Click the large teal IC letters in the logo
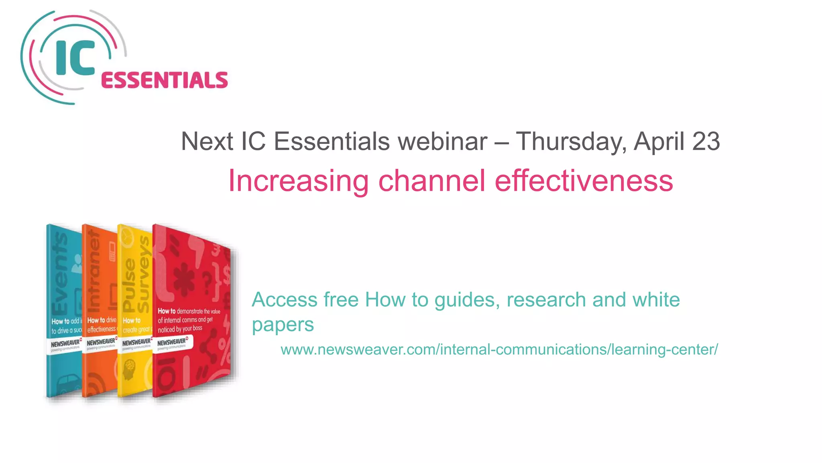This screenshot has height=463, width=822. point(75,58)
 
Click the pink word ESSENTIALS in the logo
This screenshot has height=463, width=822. point(165,80)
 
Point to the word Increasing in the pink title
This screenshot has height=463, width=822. point(298,181)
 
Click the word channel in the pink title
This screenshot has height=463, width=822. point(431,181)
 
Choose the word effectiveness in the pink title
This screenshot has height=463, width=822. point(584,181)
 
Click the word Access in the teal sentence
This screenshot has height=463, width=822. point(285,300)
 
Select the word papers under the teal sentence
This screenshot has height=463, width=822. point(283,325)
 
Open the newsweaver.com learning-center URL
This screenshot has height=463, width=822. point(499,350)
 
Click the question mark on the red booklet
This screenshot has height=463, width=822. point(207,281)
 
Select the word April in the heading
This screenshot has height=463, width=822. point(659,141)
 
